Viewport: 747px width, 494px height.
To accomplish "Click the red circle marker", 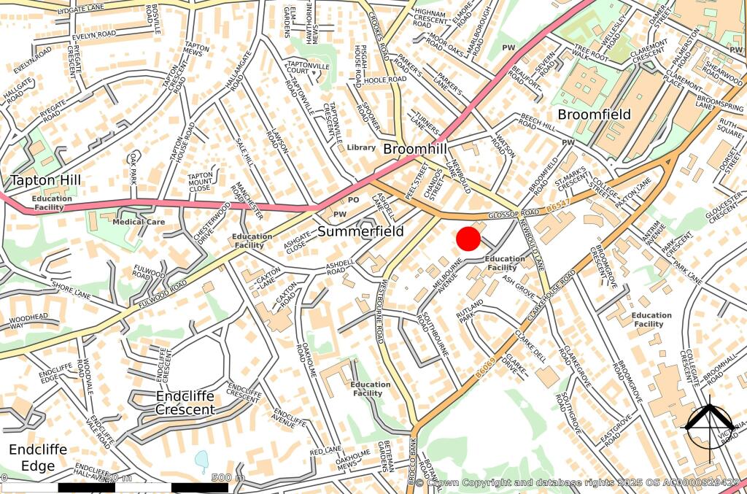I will click(x=468, y=239).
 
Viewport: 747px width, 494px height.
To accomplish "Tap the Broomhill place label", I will click(x=414, y=149).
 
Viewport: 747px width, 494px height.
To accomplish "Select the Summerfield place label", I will click(x=360, y=231).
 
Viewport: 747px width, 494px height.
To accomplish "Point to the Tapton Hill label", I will click(x=45, y=180).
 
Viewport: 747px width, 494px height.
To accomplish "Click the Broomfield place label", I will click(x=594, y=115).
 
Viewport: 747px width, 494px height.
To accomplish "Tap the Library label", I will click(x=361, y=147).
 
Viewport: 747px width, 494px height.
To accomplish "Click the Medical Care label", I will click(x=139, y=222).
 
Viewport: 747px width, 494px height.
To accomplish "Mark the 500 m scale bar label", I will click(x=228, y=478).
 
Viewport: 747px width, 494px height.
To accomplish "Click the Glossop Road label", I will click(x=514, y=214).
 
